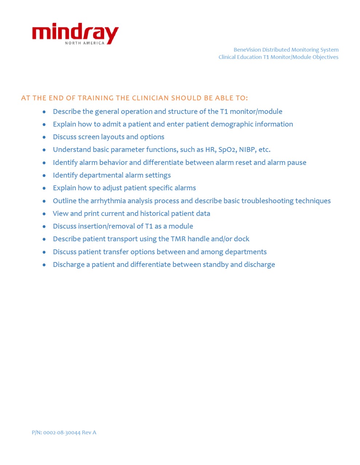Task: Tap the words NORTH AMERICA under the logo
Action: point(84,43)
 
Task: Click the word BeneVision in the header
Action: point(247,50)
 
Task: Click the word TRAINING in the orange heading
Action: point(96,98)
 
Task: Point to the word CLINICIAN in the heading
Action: point(150,98)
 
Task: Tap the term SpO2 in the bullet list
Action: point(227,150)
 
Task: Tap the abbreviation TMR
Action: point(178,239)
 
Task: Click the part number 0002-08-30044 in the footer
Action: point(62,432)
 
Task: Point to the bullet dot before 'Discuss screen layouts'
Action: point(44,137)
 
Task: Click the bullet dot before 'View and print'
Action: point(44,214)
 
